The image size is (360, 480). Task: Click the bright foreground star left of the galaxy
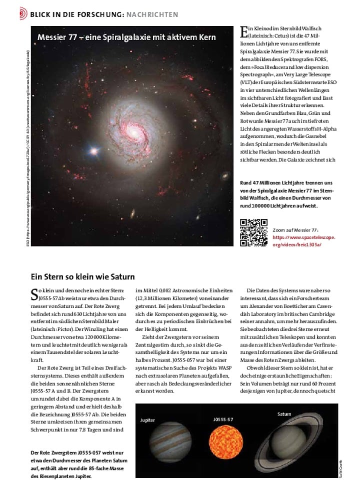click(91, 151)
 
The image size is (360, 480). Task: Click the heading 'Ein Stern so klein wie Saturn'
click(82, 276)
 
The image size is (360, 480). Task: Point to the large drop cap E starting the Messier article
click(244, 32)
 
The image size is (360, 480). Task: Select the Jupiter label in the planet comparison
click(147, 420)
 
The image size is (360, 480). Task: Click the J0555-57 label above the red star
click(222, 417)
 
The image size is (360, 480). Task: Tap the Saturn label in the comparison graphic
click(284, 414)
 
